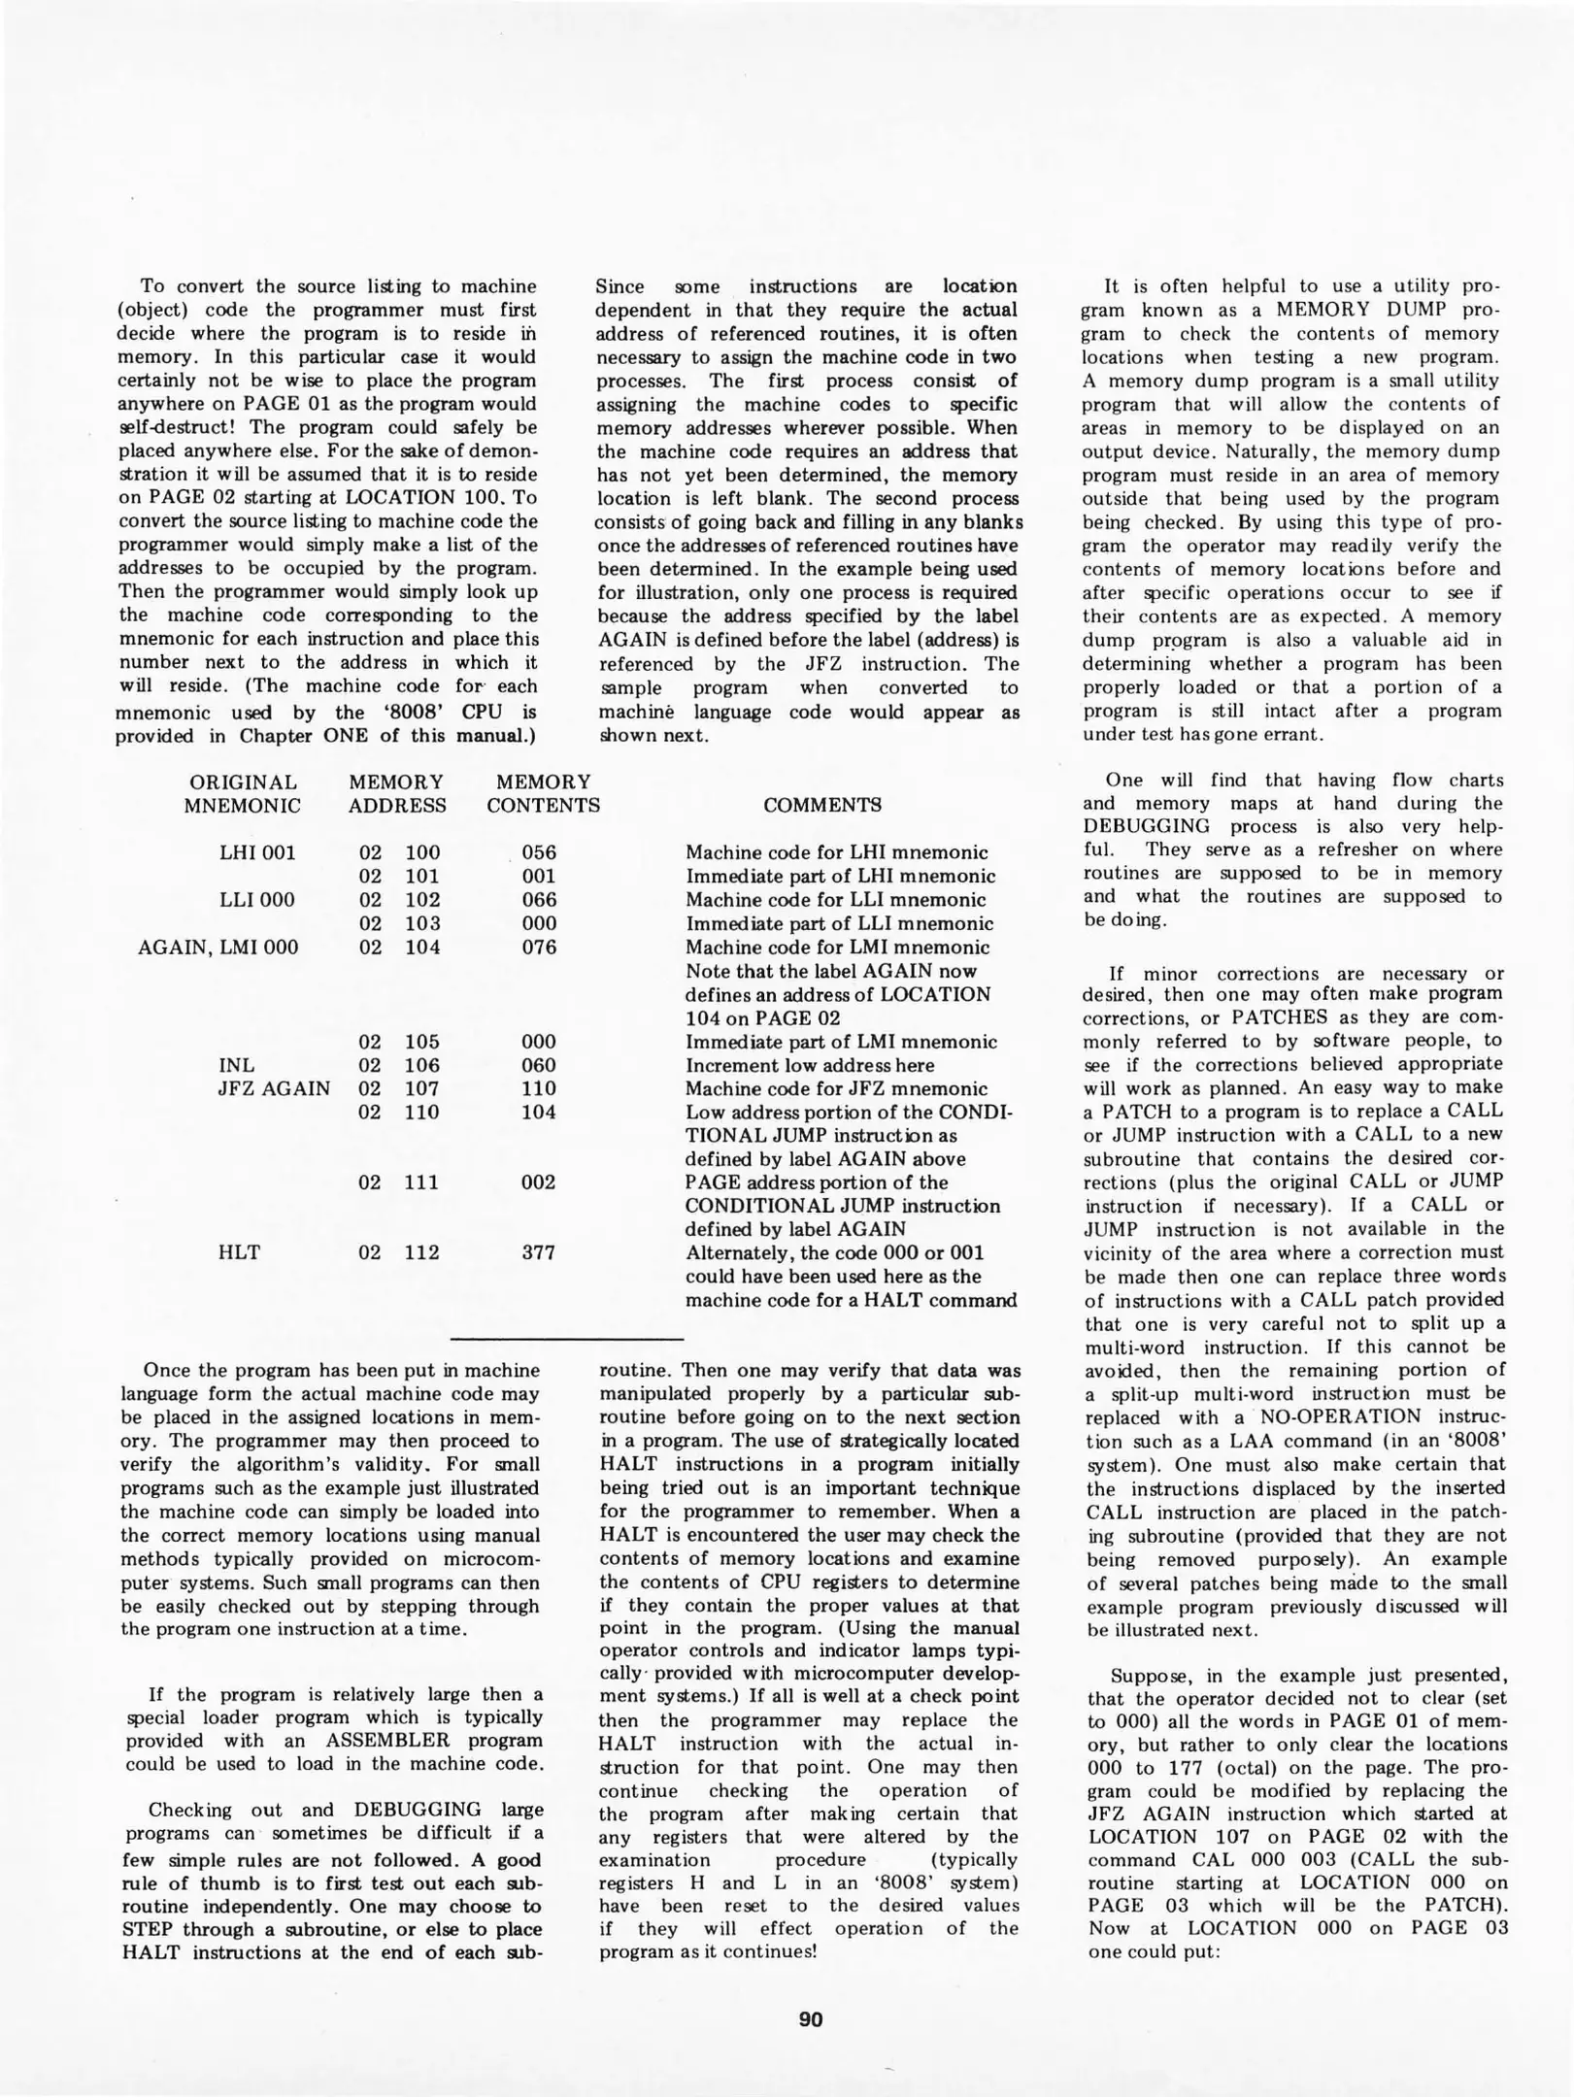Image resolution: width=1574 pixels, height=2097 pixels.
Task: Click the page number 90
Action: pyautogui.click(x=810, y=2019)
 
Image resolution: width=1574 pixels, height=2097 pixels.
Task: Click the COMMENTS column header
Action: pyautogui.click(x=821, y=805)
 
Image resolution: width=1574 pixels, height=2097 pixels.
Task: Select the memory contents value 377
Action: pyautogui.click(x=539, y=1252)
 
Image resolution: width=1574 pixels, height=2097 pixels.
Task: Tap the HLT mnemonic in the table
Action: pyautogui.click(x=240, y=1252)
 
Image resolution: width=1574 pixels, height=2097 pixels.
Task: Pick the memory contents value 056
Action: pyautogui.click(x=539, y=852)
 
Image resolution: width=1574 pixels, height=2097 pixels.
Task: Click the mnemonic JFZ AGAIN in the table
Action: pyautogui.click(x=274, y=1088)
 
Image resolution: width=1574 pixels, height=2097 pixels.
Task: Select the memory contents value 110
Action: pyautogui.click(x=539, y=1088)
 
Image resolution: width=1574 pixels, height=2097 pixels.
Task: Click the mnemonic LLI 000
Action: pyautogui.click(x=257, y=900)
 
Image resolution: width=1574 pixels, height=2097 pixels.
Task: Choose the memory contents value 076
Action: pyautogui.click(x=539, y=948)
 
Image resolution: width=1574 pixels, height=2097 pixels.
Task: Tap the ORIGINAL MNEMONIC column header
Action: pyautogui.click(x=243, y=793)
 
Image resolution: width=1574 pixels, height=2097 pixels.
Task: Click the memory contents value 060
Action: pyautogui.click(x=539, y=1065)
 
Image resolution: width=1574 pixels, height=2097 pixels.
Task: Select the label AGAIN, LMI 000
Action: pyautogui.click(x=218, y=948)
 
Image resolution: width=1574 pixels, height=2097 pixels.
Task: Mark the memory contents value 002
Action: pyautogui.click(x=539, y=1182)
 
